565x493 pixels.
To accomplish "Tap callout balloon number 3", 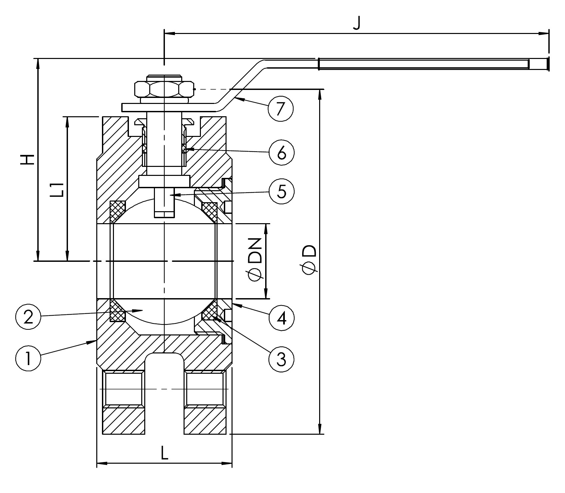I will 282,359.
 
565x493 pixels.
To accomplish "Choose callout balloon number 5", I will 282,192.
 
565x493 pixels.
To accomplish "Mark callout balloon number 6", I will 282,153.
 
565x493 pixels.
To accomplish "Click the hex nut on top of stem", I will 164,89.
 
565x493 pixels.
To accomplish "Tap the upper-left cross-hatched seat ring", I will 117,211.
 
